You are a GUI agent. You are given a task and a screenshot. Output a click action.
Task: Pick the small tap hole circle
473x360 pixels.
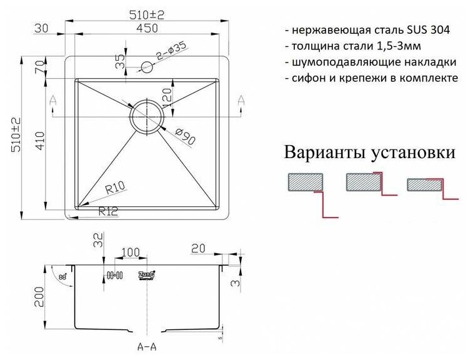[147, 66]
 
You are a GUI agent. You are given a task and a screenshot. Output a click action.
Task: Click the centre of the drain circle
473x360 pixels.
[146, 116]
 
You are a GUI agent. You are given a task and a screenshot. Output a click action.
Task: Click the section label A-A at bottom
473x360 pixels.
[148, 343]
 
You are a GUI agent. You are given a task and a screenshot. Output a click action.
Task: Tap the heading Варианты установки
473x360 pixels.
[369, 152]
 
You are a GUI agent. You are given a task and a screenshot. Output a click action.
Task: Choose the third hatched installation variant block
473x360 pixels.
[424, 184]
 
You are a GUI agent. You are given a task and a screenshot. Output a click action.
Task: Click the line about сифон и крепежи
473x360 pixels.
[371, 79]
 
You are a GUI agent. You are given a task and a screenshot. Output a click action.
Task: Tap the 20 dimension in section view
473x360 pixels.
[199, 249]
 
